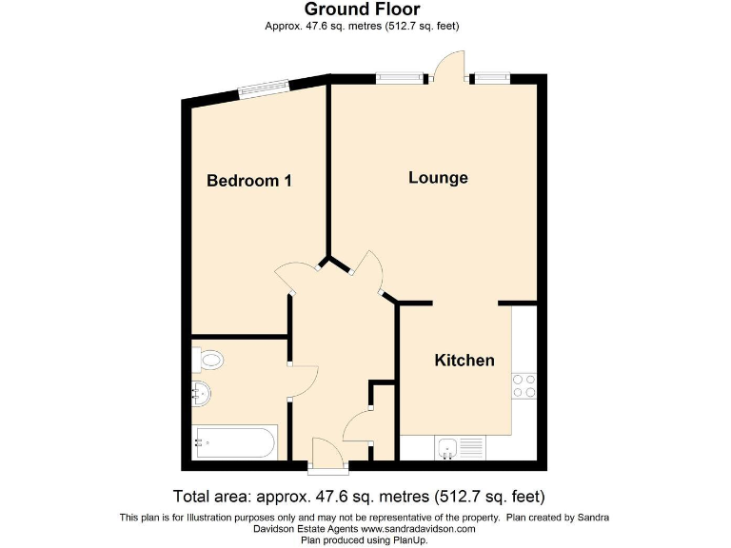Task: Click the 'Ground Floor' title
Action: tap(362, 10)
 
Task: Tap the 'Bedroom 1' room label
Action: tap(249, 181)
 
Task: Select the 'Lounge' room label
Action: tap(438, 178)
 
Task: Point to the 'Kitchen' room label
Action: tap(464, 361)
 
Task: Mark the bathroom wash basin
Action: tap(203, 391)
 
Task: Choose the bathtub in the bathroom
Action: tap(234, 441)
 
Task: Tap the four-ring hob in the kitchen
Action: tap(524, 385)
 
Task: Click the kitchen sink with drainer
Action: tap(461, 446)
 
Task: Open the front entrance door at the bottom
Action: tap(328, 456)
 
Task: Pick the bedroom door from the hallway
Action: tap(298, 274)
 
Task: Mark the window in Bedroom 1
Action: tap(263, 88)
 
